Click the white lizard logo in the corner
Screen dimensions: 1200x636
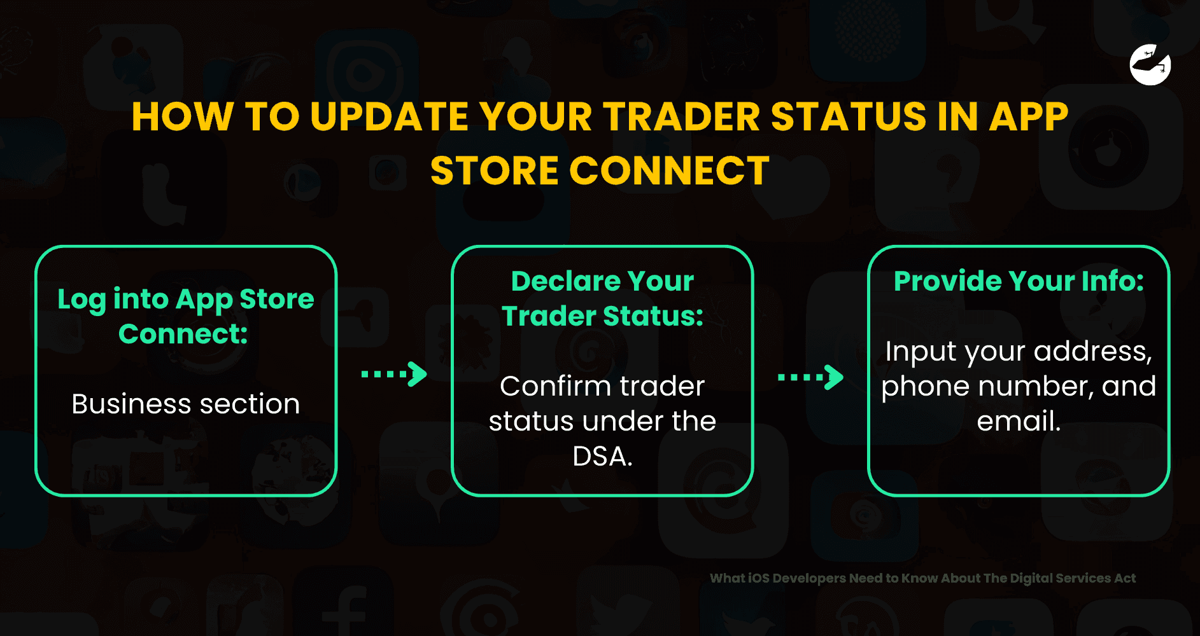click(1150, 65)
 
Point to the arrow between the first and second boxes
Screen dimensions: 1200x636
click(394, 374)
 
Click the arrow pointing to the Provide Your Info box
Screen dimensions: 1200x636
click(810, 377)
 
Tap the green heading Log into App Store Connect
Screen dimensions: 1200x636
click(185, 316)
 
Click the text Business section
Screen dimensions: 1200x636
click(185, 404)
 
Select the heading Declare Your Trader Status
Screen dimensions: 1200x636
click(602, 298)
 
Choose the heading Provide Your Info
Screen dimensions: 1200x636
click(1019, 281)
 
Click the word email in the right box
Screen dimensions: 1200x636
click(1019, 421)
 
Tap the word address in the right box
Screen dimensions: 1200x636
click(1092, 351)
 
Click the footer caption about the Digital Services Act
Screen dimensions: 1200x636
click(922, 578)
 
